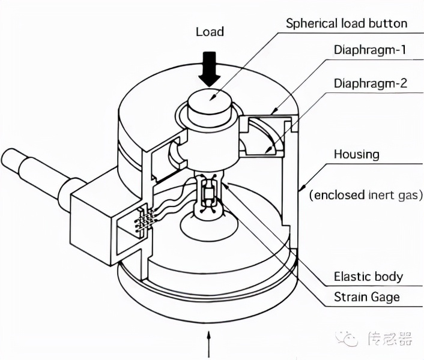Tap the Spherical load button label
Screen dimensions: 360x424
point(347,23)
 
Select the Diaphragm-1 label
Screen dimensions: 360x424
point(371,50)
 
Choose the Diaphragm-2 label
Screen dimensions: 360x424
point(371,83)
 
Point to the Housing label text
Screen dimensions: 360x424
point(357,154)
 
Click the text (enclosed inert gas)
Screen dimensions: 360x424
point(366,195)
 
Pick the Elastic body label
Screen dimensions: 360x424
point(368,277)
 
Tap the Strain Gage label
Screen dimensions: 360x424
point(366,297)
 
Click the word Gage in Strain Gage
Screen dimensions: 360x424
point(383,297)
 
